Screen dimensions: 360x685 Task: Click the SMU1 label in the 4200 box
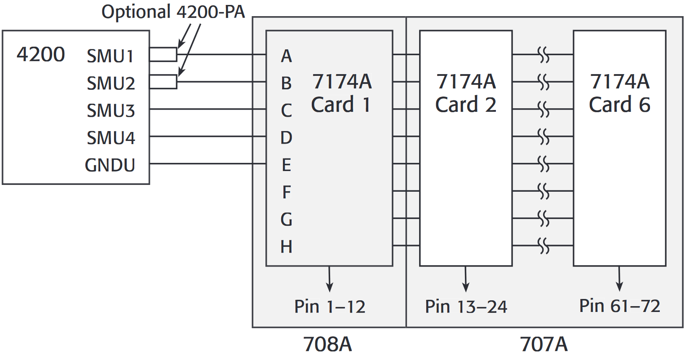[x=110, y=56]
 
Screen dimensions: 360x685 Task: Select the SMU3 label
[x=110, y=110]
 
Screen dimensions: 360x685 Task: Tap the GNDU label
[x=110, y=165]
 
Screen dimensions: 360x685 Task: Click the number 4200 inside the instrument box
[x=40, y=54]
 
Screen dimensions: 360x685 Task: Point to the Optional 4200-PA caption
[x=173, y=12]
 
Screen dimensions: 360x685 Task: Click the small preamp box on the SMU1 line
[x=163, y=54]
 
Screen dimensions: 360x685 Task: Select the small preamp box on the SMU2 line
[x=163, y=82]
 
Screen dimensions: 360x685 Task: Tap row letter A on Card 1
[x=287, y=56]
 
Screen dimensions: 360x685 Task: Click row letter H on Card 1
[x=287, y=247]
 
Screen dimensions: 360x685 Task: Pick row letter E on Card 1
[x=287, y=165]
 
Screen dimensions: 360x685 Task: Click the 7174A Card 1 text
[x=341, y=93]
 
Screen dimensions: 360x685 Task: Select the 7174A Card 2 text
[x=466, y=93]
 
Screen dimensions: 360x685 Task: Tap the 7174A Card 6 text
[x=620, y=93]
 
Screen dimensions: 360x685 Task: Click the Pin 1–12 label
[x=330, y=307]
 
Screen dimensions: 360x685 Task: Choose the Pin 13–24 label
[x=466, y=307]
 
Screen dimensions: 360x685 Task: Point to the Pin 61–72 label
[x=620, y=306]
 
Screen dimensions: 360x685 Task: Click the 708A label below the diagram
[x=328, y=345]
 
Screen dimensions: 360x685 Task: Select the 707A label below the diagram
[x=544, y=345]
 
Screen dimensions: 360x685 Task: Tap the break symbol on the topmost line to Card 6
[x=544, y=55]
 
